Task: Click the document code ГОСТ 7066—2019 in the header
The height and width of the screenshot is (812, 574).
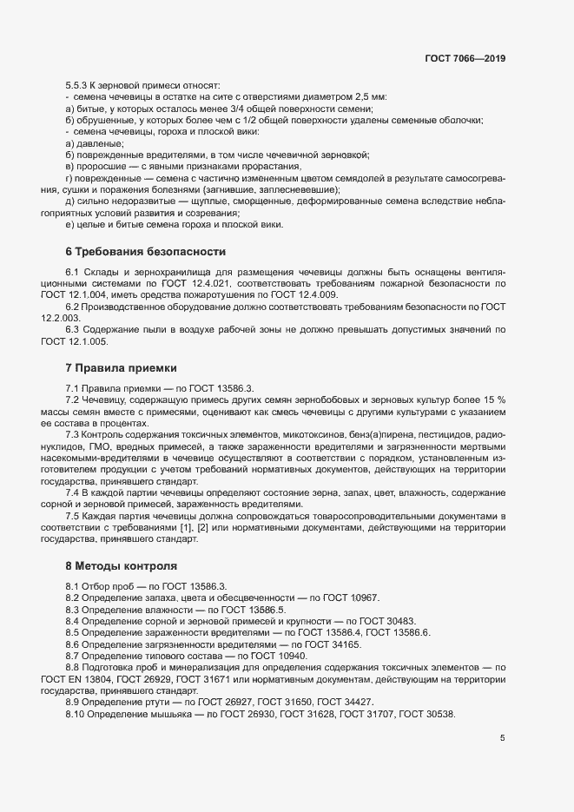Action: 465,59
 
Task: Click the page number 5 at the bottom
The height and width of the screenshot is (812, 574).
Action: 502,738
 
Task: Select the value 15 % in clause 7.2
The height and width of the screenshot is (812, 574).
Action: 492,399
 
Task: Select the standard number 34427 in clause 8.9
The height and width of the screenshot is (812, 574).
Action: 355,702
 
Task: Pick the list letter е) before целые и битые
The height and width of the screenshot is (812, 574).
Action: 69,225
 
